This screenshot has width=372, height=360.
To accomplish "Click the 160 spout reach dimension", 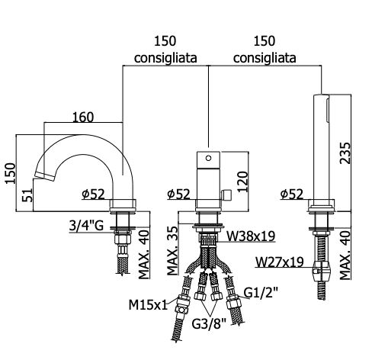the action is (83, 117).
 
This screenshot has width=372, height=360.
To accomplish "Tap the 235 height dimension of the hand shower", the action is (345, 153).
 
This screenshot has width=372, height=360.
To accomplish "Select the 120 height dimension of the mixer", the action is (242, 182).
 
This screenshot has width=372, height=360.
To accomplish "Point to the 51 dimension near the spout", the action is (27, 195).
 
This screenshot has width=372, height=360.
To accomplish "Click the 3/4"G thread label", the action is (86, 226).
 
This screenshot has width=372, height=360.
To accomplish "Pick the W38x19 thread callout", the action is (251, 236).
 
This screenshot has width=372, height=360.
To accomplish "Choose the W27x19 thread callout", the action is (280, 262).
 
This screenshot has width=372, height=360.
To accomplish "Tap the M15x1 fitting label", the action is (148, 304).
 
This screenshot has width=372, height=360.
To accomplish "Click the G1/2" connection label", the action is (261, 292).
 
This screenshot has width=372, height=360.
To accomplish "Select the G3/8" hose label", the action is (209, 324).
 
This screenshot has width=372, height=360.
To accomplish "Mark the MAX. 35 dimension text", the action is (173, 251).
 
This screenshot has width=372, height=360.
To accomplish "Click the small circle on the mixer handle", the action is (209, 158).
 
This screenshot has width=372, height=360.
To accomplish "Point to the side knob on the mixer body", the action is (226, 194).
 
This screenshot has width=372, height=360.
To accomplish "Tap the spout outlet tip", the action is (45, 176).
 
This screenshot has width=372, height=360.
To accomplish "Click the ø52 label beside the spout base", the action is (93, 194).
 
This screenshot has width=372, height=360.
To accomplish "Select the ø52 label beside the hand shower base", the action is (292, 194).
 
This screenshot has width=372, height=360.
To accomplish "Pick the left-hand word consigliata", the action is (165, 58).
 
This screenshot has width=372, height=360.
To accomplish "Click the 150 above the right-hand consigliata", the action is (265, 41).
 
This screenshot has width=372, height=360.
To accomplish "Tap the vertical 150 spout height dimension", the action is (11, 173).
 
